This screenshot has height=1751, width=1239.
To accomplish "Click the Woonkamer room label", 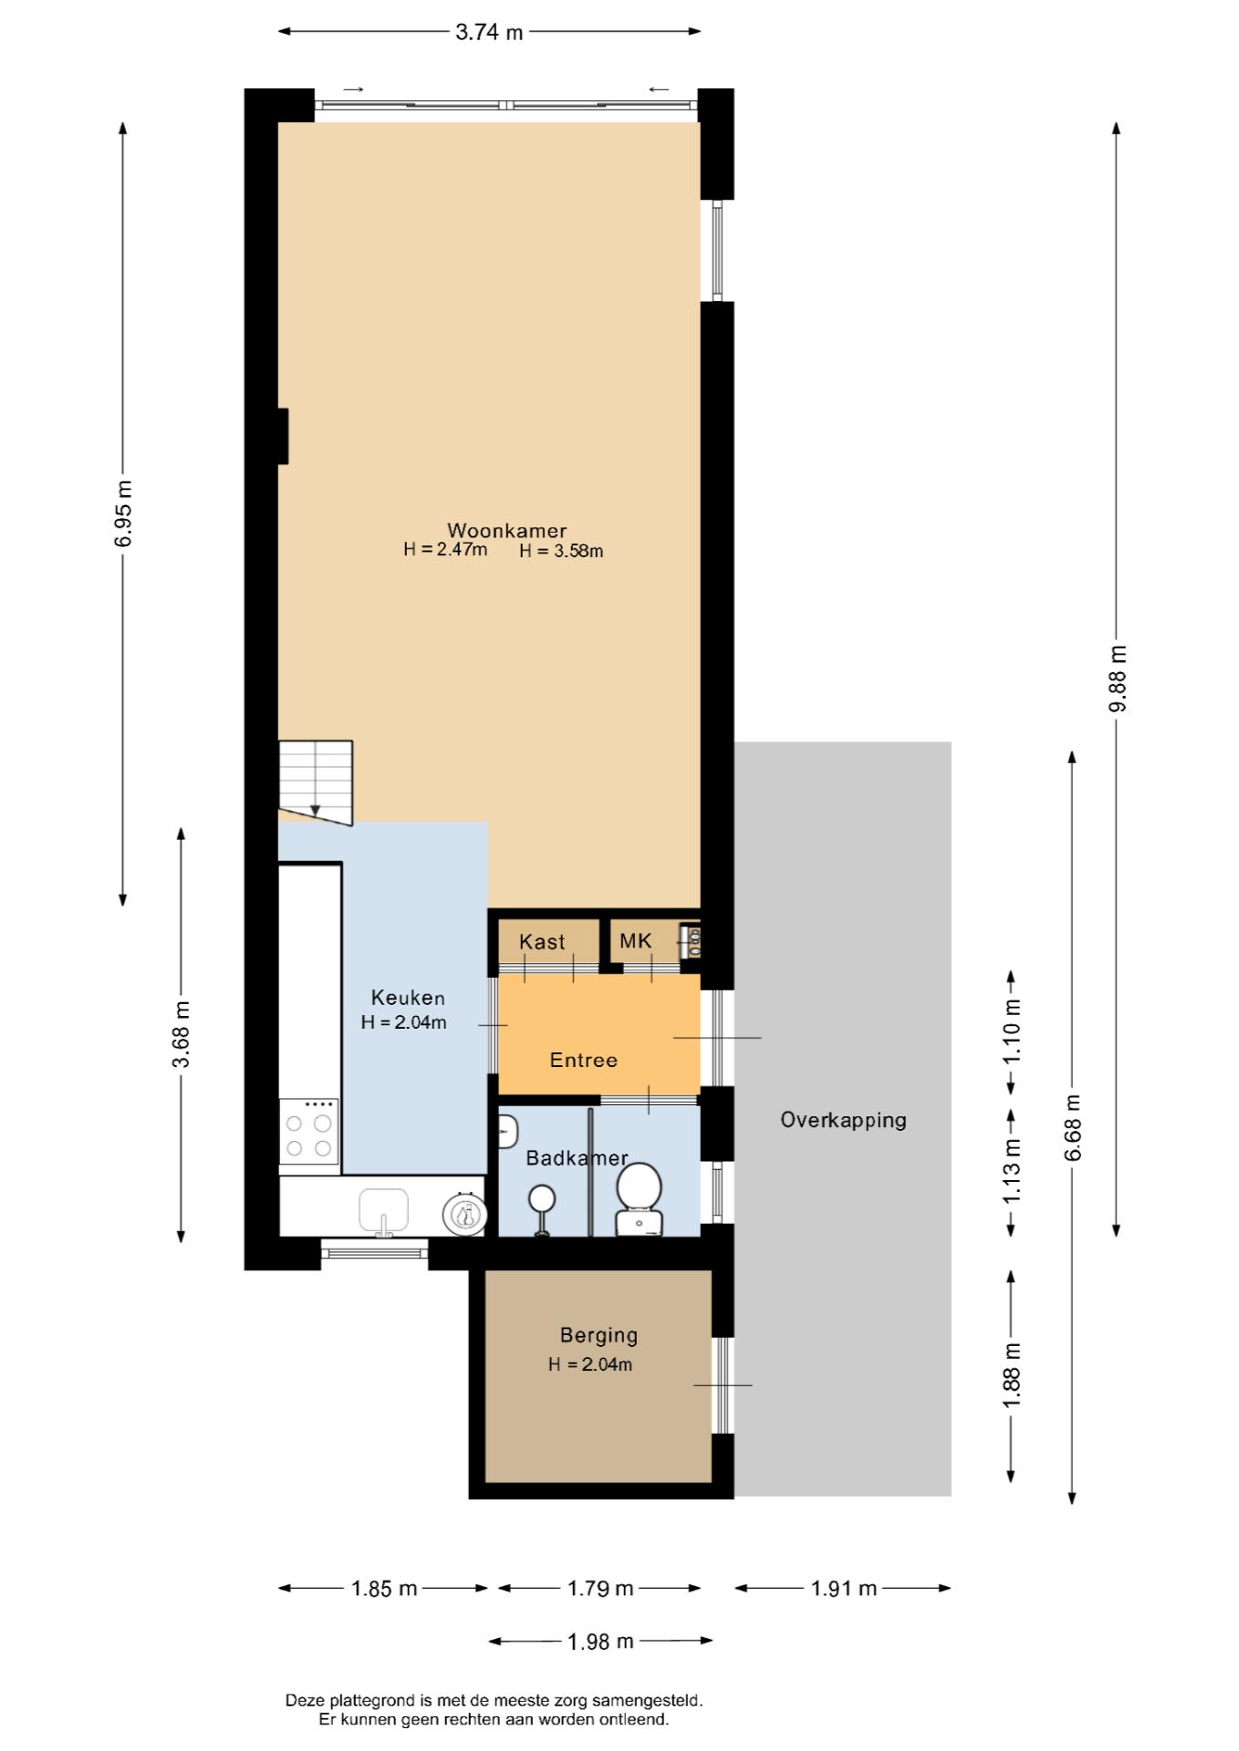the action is point(506,530).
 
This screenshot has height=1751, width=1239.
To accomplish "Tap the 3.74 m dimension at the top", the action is point(489,32).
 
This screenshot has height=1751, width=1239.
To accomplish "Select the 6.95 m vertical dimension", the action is point(123,513).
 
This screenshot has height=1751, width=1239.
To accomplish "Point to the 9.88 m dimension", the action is point(1117,679).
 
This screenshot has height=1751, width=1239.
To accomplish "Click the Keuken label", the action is point(408,998).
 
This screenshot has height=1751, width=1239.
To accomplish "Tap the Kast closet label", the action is point(542,942).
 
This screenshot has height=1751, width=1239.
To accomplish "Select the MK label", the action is point(636,940).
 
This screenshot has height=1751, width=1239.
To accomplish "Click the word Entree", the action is point(584,1060).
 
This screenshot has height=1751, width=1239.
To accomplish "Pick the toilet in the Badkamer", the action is point(639,1198).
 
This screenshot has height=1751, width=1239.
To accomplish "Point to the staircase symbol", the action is point(316,782).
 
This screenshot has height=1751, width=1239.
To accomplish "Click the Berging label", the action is point(599,1335).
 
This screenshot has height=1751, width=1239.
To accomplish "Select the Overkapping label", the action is point(843,1120).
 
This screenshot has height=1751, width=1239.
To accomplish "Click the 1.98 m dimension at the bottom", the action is point(600,1642).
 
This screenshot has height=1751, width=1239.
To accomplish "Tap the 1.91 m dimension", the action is point(844,1588).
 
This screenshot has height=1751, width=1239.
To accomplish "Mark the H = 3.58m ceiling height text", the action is point(561,551).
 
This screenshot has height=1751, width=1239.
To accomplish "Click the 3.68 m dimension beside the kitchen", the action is point(182,1034).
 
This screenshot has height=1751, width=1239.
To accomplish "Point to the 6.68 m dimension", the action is point(1073,1127).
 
